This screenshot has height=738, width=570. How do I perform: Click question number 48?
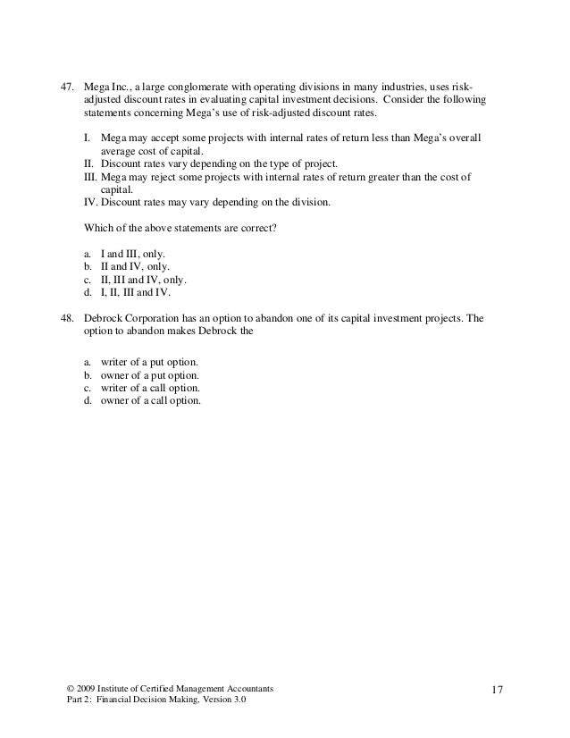[x=66, y=318]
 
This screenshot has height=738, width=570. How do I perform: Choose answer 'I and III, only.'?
[x=138, y=254]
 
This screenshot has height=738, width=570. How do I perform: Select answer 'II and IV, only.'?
[x=140, y=266]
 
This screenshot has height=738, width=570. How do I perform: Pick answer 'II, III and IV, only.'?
[x=149, y=279]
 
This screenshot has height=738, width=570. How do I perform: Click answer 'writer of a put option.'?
[x=149, y=363]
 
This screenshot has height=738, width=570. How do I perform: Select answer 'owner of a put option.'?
[x=149, y=375]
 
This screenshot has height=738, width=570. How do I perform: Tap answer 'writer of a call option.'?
[x=150, y=388]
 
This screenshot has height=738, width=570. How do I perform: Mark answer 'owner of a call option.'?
[x=150, y=400]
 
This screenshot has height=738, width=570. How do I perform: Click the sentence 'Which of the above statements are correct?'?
[x=180, y=228]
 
